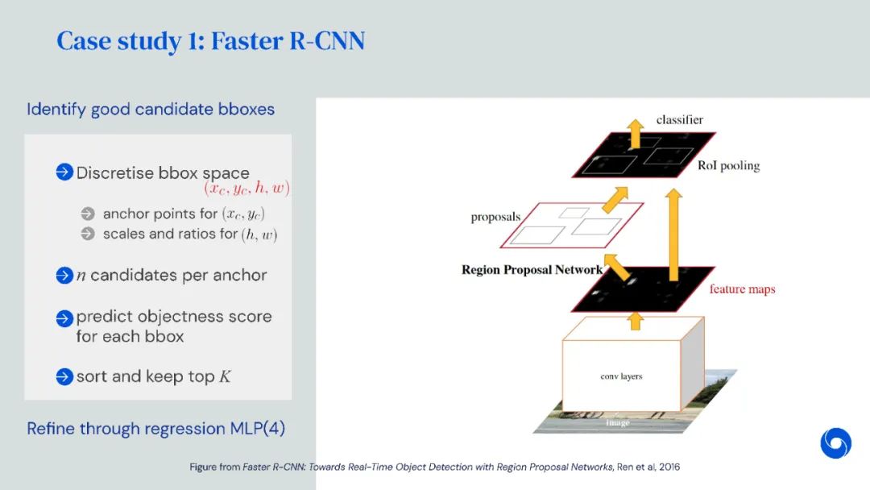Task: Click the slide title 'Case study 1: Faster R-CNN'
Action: pos(210,41)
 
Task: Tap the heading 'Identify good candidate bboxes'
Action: pos(151,109)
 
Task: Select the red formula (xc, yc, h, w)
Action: pos(246,189)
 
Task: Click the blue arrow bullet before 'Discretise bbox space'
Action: pos(64,172)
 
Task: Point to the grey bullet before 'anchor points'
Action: pos(88,214)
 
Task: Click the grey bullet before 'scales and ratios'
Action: pos(88,234)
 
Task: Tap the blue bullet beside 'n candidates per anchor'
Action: pos(64,276)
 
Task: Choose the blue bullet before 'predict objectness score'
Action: pos(64,318)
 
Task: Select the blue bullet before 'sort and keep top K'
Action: pos(64,376)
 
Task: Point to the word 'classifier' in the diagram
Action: pos(679,120)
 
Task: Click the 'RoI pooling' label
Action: pos(728,166)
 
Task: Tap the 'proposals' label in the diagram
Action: pos(495,218)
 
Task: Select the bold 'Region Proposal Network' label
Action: pos(532,270)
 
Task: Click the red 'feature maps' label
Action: pos(742,289)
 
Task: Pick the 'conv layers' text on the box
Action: pos(621,376)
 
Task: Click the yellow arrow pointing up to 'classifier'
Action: pos(636,134)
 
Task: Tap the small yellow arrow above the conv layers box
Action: pos(636,321)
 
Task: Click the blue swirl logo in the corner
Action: pos(835,443)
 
